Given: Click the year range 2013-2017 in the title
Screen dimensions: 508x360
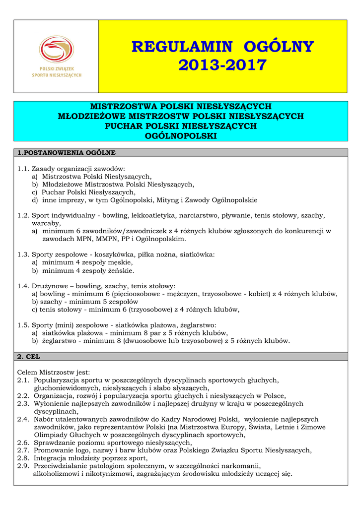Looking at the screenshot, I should pos(222,65).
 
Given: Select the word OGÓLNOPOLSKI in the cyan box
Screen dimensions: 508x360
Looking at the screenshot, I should pos(180,135).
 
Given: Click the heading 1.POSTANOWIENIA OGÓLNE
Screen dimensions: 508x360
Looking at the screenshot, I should pos(66,152).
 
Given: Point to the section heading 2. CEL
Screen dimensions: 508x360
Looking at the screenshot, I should pos(29,357).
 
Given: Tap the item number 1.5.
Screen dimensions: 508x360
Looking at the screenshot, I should pos(23,325).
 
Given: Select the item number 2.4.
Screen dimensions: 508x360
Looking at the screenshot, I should pos(23,419).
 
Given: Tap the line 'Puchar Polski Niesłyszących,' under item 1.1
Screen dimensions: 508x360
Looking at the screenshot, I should pos(88,192).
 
